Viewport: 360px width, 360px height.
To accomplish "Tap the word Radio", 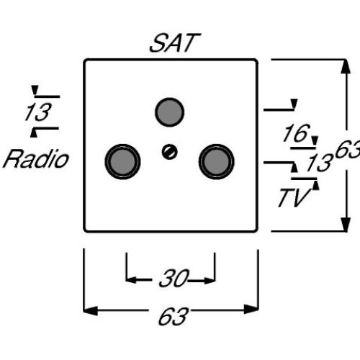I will [35, 159].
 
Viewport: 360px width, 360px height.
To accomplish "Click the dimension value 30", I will [173, 279].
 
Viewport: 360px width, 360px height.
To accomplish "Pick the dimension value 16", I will [294, 133].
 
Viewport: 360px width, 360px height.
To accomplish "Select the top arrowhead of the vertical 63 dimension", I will [341, 66].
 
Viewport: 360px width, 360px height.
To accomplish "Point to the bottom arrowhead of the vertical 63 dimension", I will [341, 224].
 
